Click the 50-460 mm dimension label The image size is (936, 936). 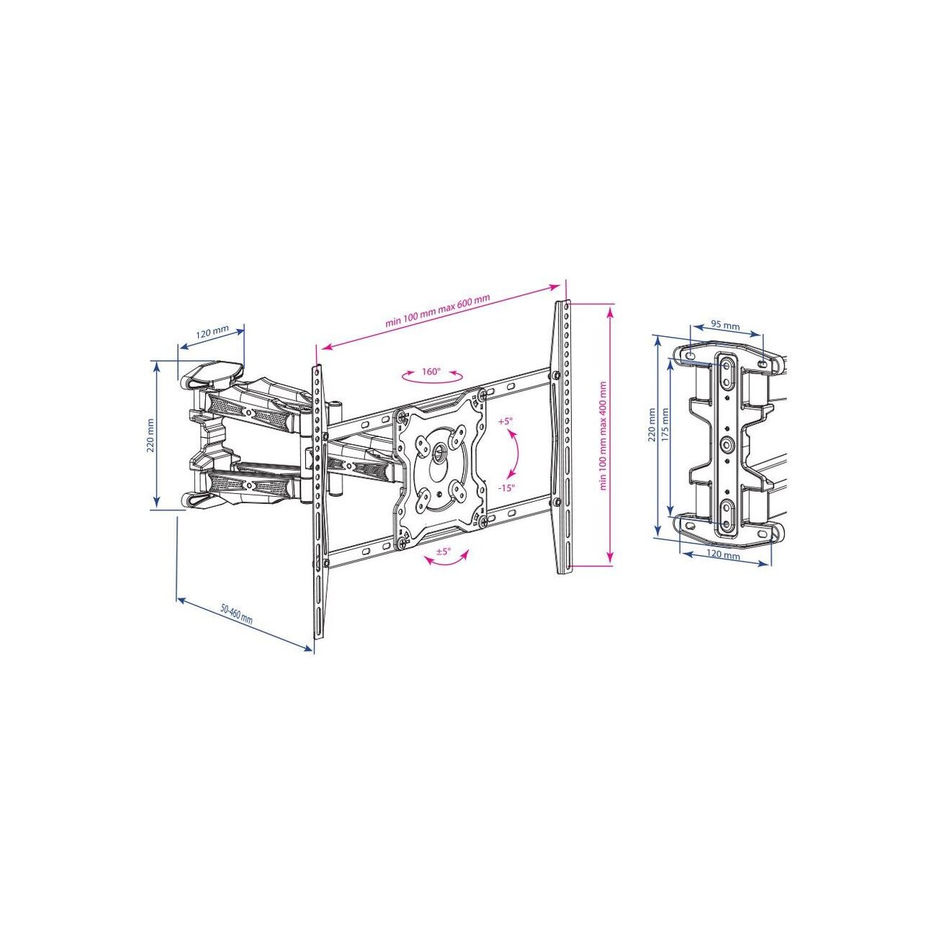tap(237, 614)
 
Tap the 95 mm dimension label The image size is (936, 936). tap(725, 325)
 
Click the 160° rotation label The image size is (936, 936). tap(431, 372)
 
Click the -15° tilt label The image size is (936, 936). tap(506, 488)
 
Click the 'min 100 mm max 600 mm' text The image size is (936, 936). tap(438, 311)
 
